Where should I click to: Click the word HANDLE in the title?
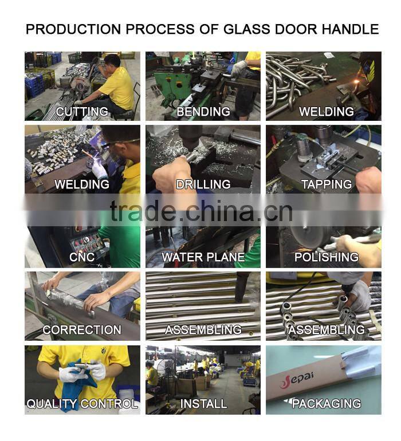coord(347,29)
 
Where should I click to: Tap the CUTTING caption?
coord(82,112)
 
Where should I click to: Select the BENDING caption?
coord(203,112)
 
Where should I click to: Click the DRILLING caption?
coord(203,184)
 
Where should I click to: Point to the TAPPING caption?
coord(327,184)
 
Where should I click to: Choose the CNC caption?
coord(82,257)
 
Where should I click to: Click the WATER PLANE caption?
coord(203,257)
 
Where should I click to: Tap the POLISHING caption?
coord(326,257)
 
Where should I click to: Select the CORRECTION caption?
coord(82,330)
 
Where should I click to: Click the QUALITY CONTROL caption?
coord(82,404)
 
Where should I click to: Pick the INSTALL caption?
coord(203,404)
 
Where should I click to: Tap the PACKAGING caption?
coord(326,404)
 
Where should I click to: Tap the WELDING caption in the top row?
coord(326,112)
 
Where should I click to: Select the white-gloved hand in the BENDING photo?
coord(238,69)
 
